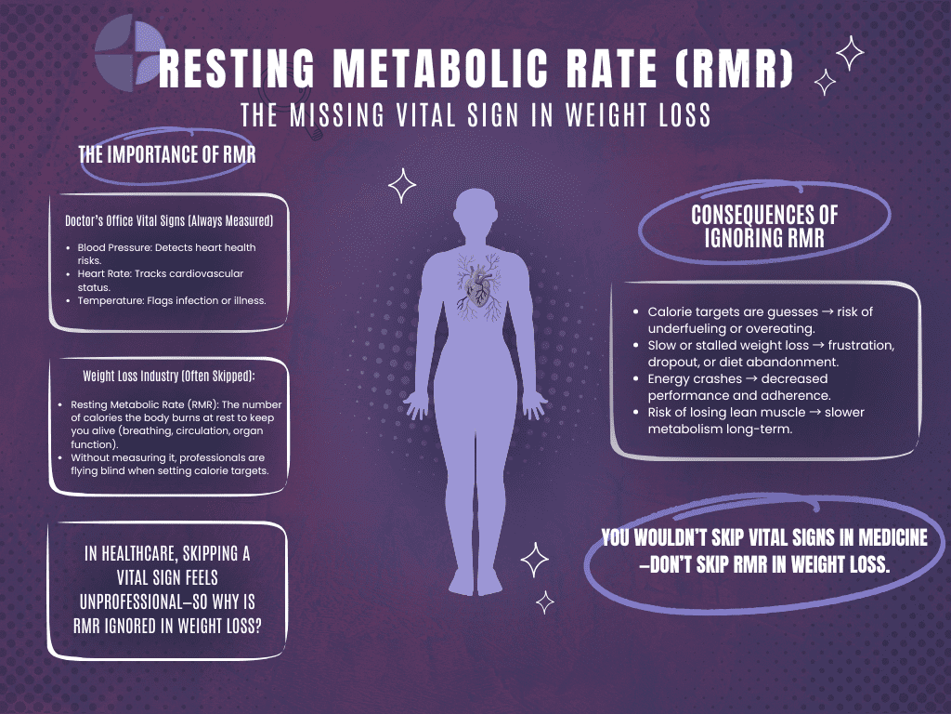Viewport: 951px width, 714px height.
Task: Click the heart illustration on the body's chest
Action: (476, 284)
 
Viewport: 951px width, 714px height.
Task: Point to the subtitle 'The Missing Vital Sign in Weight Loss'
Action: (475, 115)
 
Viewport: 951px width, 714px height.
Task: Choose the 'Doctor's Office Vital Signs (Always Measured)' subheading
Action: (168, 220)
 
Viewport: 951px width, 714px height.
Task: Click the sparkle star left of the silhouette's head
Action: (402, 185)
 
